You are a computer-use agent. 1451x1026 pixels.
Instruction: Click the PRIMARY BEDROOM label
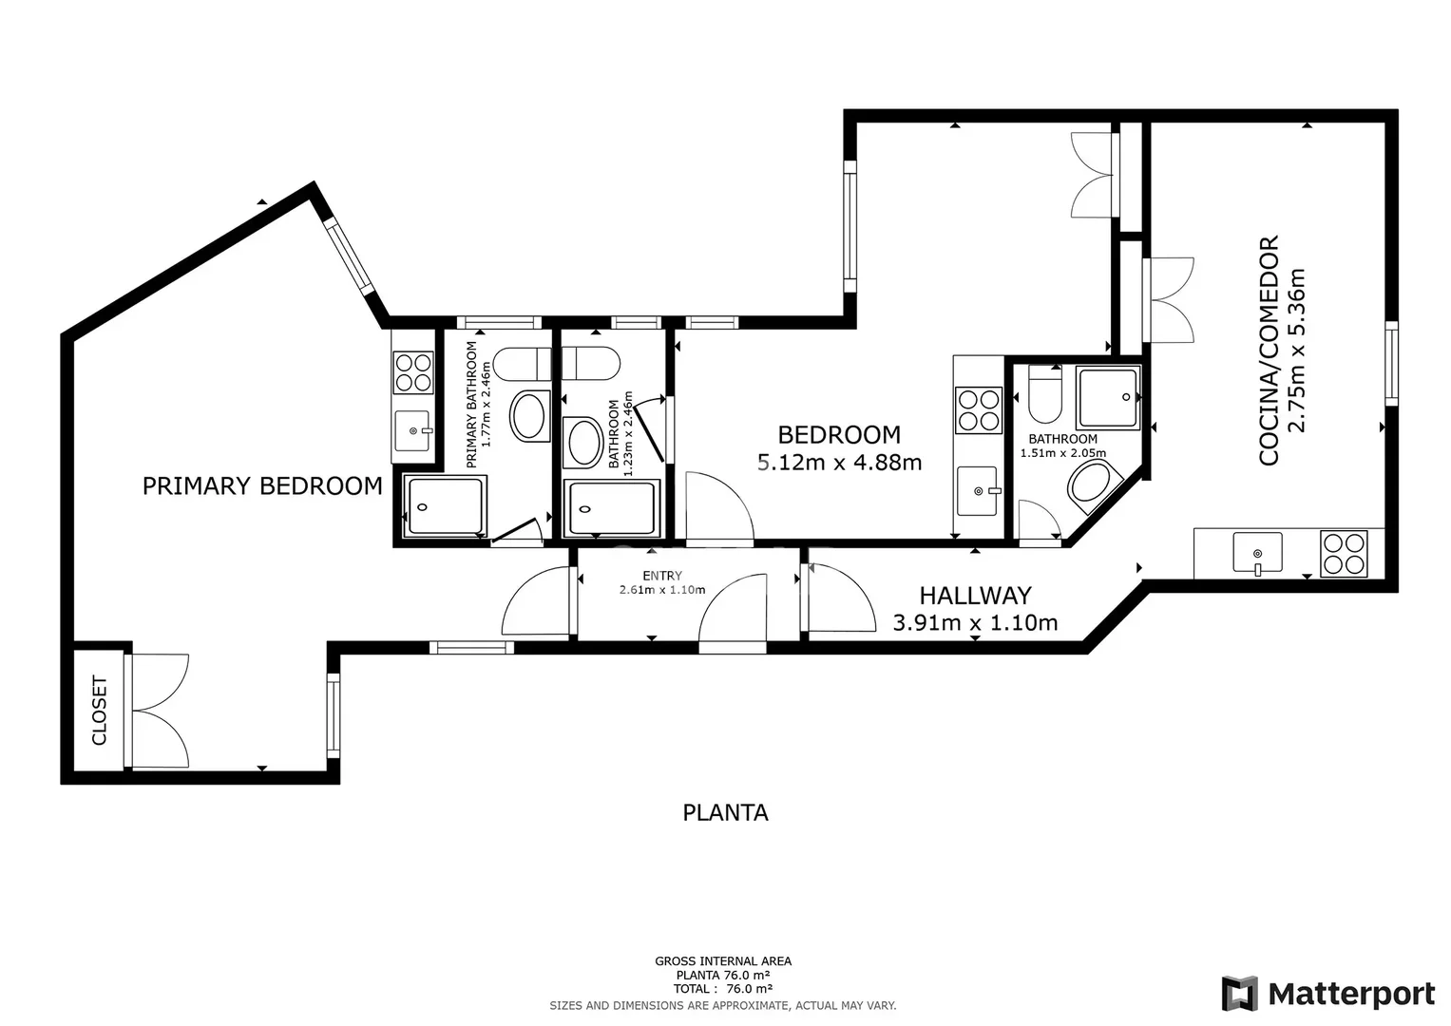262,485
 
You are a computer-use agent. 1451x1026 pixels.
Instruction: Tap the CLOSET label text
99,711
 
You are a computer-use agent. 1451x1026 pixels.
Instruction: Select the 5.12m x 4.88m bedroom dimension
839,463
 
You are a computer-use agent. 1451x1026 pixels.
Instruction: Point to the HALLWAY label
976,596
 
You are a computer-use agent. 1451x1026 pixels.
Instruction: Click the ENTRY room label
662,575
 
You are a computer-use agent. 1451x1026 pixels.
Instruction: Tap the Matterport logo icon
1239,994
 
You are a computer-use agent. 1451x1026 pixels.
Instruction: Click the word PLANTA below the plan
726,812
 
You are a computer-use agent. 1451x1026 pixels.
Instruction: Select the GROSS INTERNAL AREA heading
723,961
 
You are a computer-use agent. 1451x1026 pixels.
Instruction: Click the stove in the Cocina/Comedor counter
1346,554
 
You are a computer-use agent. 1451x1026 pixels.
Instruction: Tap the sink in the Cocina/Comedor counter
1257,553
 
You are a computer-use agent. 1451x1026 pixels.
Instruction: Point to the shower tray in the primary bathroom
445,506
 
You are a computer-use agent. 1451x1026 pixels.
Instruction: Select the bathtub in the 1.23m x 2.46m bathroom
612,508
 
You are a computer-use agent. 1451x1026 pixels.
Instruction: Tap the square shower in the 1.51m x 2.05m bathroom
1108,396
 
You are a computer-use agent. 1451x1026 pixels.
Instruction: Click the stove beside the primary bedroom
413,372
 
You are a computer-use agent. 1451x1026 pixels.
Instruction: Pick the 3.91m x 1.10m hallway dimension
976,622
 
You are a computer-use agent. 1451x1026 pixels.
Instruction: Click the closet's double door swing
160,712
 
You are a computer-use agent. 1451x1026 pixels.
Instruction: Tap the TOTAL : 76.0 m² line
723,989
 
